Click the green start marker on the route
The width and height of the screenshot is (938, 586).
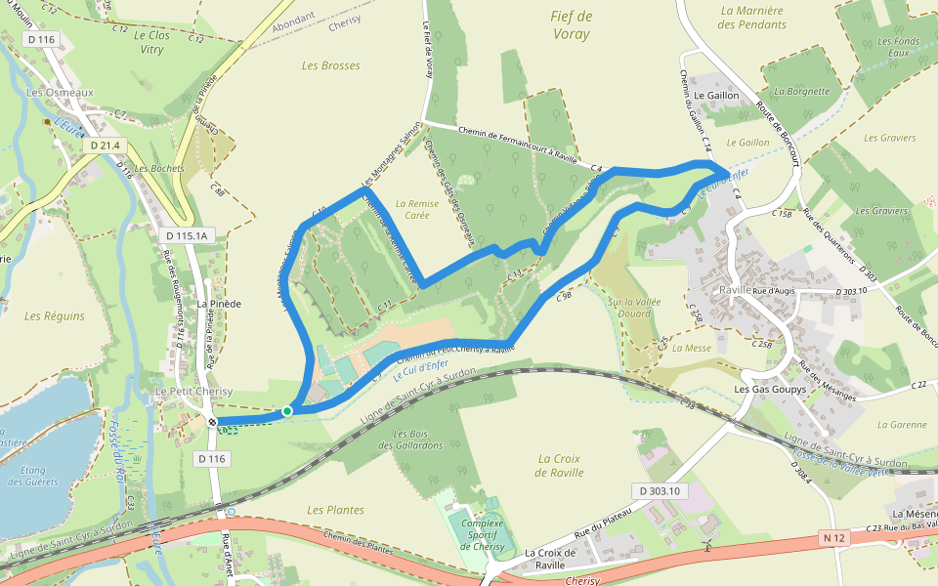287,411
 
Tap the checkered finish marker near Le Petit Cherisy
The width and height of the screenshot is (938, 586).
212,422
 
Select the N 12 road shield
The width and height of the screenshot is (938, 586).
833,537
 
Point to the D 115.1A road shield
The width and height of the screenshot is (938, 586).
186,236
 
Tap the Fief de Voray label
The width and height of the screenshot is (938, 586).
572,24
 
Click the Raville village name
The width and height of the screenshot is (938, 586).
735,290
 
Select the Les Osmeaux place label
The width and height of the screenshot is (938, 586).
60,93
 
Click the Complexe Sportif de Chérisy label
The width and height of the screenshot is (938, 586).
483,534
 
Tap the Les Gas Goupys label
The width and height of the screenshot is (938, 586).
770,390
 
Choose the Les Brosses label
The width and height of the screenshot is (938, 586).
330,66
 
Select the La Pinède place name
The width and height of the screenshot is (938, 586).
219,304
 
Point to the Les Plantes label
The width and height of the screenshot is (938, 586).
335,510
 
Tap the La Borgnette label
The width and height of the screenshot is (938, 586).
801,91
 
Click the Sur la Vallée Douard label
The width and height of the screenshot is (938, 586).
634,308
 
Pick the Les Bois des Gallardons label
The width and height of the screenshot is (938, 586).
417,439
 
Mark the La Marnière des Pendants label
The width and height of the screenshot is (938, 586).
751,18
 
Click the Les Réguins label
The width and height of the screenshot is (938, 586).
55,316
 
